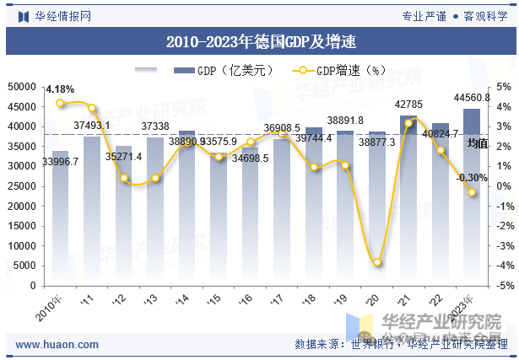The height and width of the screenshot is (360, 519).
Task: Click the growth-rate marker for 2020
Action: (376, 262)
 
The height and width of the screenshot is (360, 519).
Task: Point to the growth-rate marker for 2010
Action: (60, 103)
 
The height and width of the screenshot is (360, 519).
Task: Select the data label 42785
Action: (408, 105)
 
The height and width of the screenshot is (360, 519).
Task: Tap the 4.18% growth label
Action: (60, 89)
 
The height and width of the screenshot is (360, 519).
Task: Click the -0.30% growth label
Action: (472, 178)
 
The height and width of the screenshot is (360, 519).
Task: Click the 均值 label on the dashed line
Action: (478, 144)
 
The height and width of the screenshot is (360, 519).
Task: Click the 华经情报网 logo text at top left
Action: (62, 15)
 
